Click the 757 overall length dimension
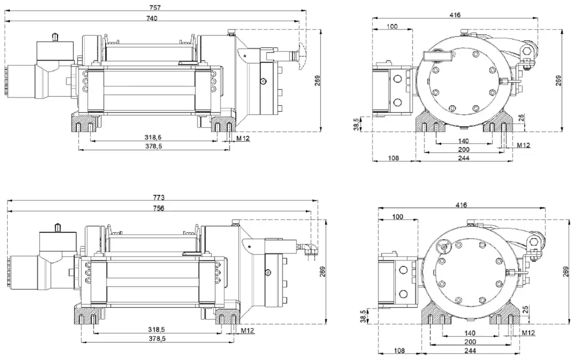click(x=156, y=7)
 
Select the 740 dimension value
click(x=152, y=18)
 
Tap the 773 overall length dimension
click(x=159, y=198)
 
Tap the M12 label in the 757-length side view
click(x=243, y=139)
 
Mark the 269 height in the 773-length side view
click(x=322, y=273)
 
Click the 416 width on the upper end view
click(x=455, y=16)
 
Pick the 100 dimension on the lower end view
click(x=398, y=216)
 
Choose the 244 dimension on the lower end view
click(x=470, y=351)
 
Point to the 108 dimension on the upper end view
click(x=392, y=159)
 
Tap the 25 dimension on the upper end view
click(x=522, y=117)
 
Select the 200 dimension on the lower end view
click(x=470, y=342)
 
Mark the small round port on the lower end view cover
click(x=445, y=247)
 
